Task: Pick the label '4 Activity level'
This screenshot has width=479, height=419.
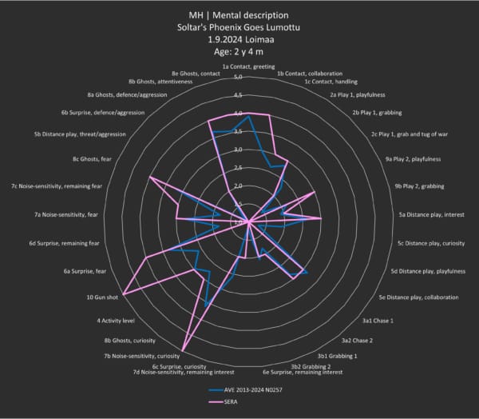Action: tap(115, 321)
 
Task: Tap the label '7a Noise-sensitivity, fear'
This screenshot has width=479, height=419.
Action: tap(66, 214)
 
